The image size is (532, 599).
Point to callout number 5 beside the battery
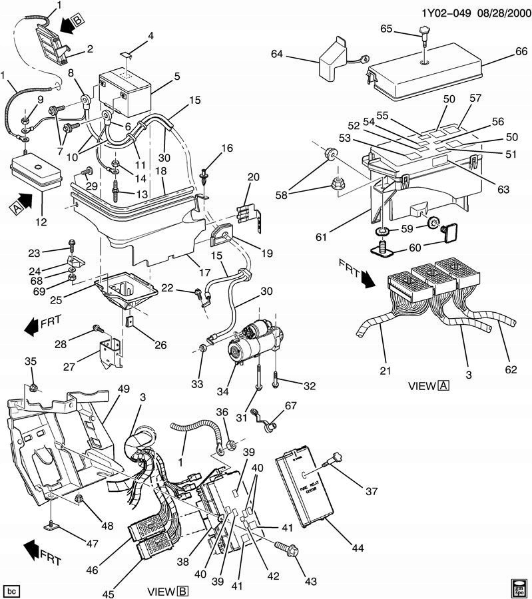(176, 77)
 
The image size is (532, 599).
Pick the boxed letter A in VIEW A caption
(443, 385)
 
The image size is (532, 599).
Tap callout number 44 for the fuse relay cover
(358, 547)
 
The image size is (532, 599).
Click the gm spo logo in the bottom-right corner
(519, 588)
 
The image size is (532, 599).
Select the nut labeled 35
(34, 387)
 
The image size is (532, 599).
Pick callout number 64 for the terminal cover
(277, 55)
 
